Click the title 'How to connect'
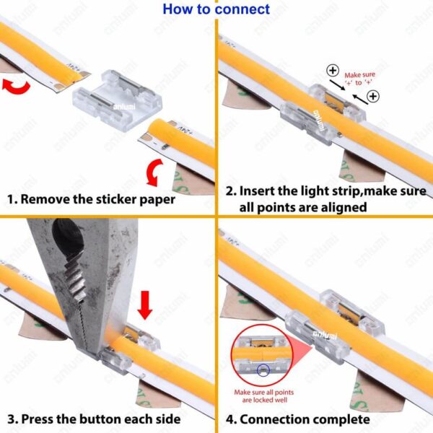point(216,9)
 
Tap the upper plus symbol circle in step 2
point(333,71)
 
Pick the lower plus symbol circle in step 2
point(373,96)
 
